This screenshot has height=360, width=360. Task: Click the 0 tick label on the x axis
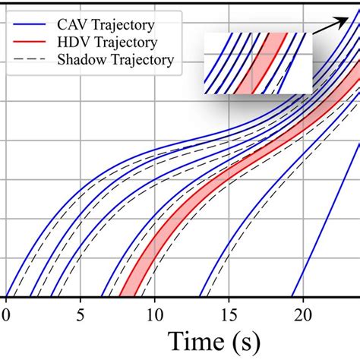(x=7, y=314)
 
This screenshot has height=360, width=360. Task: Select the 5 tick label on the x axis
(x=81, y=314)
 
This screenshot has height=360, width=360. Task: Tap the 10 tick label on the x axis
(x=155, y=314)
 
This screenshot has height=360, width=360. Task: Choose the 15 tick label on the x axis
(x=229, y=314)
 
